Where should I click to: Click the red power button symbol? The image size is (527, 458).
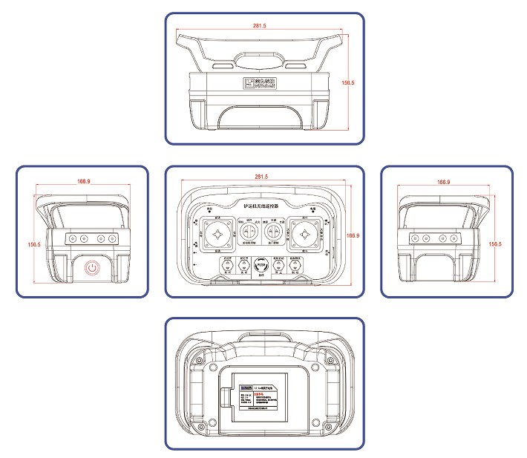[92, 267]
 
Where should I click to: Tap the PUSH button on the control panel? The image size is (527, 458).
[261, 264]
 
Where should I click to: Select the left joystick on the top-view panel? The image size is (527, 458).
[218, 233]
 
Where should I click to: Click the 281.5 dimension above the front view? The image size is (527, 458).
[259, 25]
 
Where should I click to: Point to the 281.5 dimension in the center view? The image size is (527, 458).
[261, 177]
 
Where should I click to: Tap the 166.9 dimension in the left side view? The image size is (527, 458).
[83, 181]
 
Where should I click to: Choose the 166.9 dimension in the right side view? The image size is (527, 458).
[443, 181]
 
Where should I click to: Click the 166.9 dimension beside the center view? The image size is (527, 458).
[353, 235]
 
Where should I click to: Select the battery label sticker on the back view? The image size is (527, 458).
[263, 399]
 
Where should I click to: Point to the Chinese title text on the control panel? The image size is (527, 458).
[261, 206]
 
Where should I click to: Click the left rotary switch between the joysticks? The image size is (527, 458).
[248, 233]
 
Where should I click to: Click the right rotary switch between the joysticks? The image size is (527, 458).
[274, 233]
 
